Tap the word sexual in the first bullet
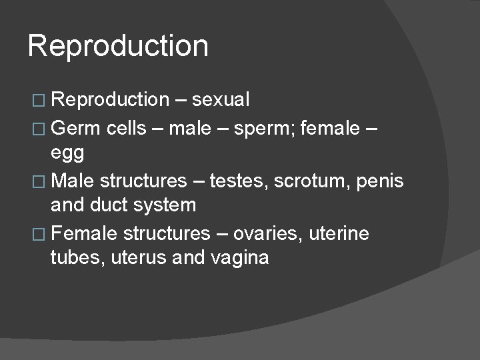point(220,100)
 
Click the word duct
point(109,205)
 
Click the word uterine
point(343,233)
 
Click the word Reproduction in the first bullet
point(110,100)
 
